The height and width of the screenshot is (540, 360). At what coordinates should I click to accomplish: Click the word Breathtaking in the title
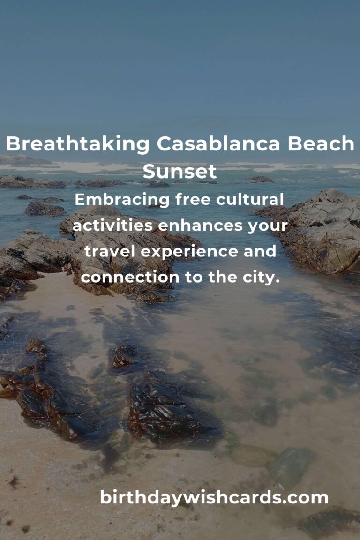tap(77, 144)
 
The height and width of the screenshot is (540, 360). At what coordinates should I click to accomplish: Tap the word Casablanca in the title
tap(218, 143)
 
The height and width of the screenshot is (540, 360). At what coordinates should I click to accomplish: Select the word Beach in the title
tap(321, 143)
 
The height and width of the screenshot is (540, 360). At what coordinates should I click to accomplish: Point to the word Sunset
tap(180, 171)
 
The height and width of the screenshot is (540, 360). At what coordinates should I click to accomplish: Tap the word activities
tap(112, 225)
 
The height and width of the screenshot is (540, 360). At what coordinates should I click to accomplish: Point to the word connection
tap(130, 277)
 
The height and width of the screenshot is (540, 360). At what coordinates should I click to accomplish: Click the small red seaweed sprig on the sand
tap(14, 481)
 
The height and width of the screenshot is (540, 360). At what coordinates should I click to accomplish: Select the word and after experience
tap(260, 251)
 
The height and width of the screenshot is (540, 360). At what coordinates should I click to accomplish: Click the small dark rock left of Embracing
tap(45, 209)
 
